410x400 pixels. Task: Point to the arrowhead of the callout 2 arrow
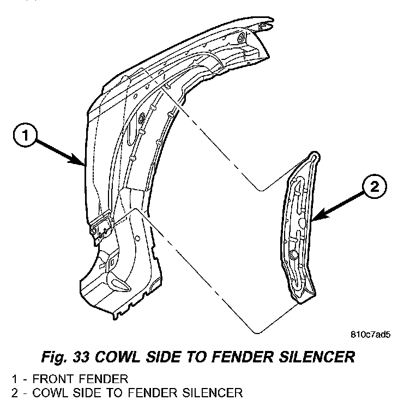(x=315, y=219)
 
